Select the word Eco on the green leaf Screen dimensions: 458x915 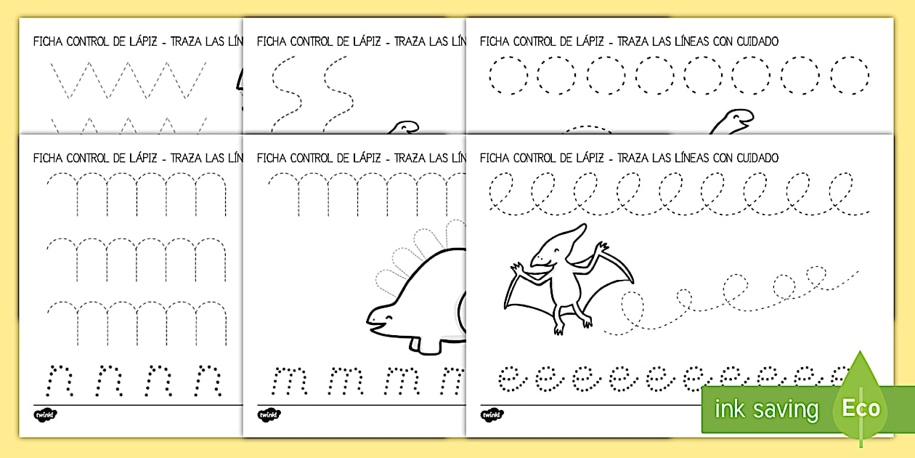[861, 408]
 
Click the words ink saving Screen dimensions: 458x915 [766, 409]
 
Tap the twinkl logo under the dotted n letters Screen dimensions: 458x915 [45, 414]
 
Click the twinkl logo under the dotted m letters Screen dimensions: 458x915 [269, 414]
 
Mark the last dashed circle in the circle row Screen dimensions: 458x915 [850, 76]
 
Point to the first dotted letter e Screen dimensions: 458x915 [510, 378]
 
